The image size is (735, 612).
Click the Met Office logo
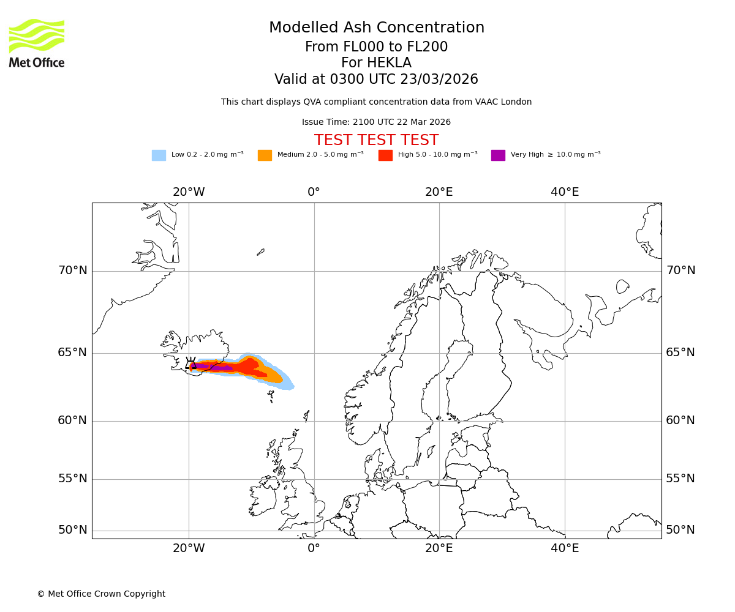coord(37,43)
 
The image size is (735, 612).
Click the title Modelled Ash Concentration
coord(376,28)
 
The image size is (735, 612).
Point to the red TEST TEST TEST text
coord(376,140)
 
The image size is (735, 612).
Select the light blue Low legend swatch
coord(159,155)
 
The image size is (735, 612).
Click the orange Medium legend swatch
coord(265,155)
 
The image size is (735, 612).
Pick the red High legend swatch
coord(385,155)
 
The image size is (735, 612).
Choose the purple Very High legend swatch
coord(498,155)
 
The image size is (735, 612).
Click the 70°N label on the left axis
coord(73,271)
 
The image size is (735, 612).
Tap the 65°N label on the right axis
coord(680,353)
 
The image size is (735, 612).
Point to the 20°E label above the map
coord(439,192)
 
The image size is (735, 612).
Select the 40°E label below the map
coord(565,548)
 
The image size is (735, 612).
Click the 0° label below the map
coord(314,548)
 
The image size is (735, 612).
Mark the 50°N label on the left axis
coord(73,530)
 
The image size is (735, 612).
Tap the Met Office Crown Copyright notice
coord(101,594)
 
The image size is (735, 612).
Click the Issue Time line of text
coord(376,122)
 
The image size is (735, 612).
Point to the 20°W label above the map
coord(188,192)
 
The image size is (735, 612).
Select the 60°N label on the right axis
coord(680,420)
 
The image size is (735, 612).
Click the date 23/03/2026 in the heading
coord(439,80)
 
